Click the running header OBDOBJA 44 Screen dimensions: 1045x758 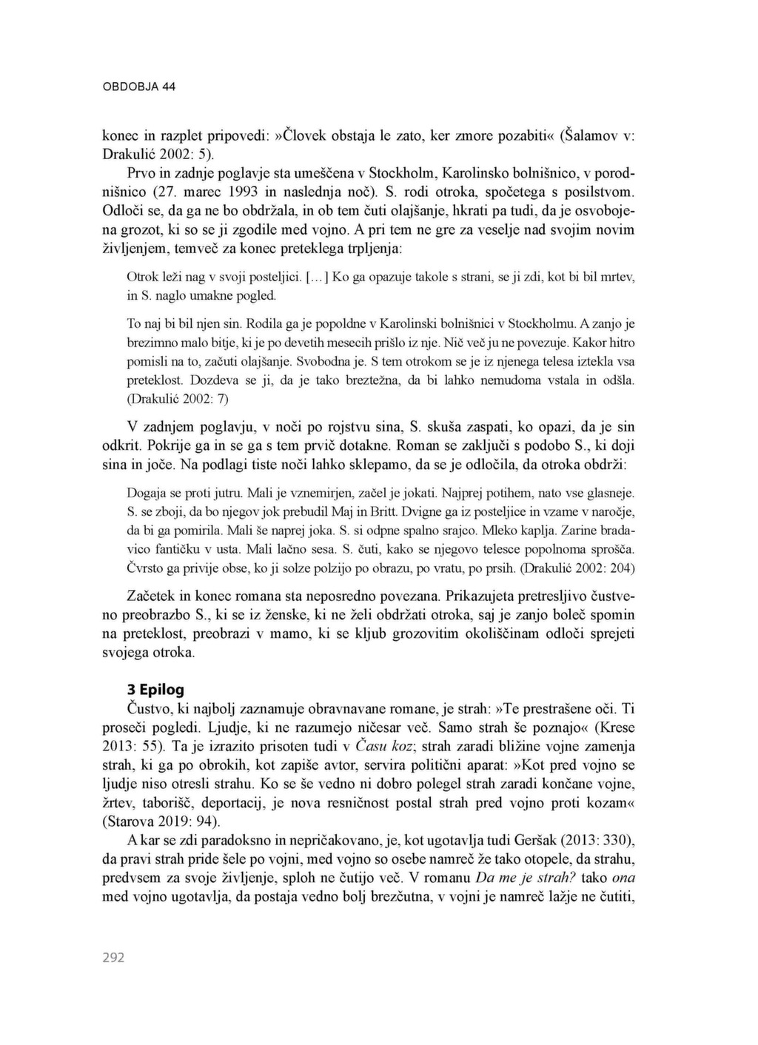[138, 87]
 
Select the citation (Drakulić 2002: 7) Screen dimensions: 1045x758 [178, 399]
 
